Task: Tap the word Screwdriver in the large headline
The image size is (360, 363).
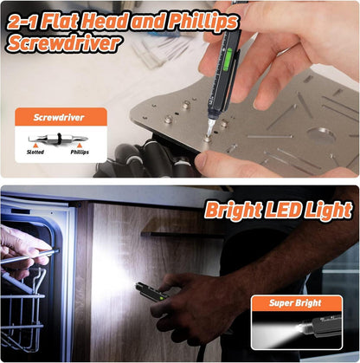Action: click(63, 43)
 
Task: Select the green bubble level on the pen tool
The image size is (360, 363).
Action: click(228, 59)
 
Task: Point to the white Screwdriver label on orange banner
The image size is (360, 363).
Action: click(59, 118)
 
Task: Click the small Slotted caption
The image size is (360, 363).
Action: click(35, 152)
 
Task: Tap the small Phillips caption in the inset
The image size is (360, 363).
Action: click(80, 152)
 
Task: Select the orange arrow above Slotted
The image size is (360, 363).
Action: click(35, 145)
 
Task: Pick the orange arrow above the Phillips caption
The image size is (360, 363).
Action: click(80, 145)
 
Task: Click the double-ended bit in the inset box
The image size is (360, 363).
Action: click(58, 139)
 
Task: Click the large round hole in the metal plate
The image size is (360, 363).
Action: click(321, 134)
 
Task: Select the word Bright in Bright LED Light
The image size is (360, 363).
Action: click(234, 211)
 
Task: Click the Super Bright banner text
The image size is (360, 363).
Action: click(295, 303)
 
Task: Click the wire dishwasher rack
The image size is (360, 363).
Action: click(22, 309)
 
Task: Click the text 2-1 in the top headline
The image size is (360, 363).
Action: click(22, 22)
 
